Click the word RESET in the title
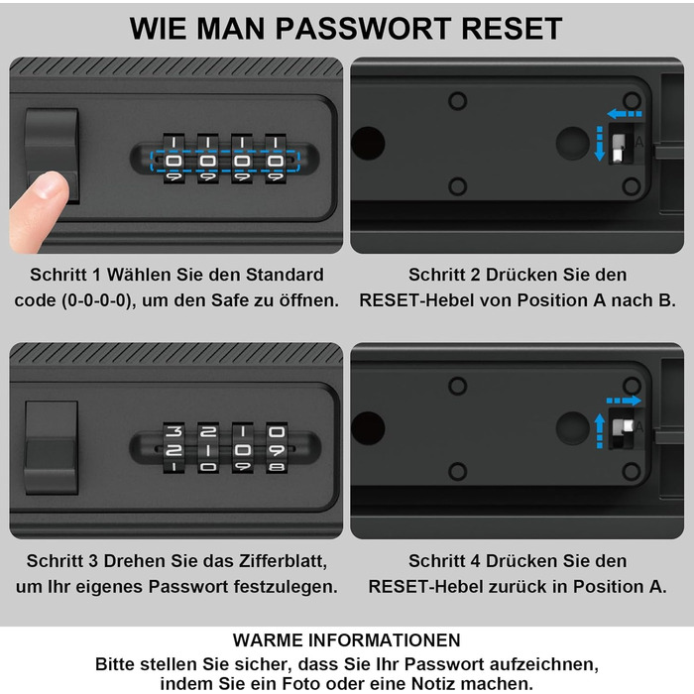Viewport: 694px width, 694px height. [512, 29]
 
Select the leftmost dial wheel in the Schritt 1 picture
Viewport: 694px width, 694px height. [173, 159]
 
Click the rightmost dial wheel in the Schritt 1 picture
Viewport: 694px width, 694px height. [276, 159]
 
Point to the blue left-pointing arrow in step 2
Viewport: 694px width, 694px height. [625, 114]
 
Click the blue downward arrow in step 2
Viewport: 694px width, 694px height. [600, 144]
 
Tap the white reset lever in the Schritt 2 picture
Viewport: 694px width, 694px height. [618, 147]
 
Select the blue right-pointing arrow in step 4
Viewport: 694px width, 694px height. [624, 401]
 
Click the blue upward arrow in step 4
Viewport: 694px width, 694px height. [599, 430]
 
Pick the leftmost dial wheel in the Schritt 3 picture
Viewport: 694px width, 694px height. [173, 447]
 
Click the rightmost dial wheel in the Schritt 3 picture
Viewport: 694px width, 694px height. [277, 447]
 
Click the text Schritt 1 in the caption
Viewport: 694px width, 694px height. [65, 275]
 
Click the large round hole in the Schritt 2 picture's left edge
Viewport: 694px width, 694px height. [368, 144]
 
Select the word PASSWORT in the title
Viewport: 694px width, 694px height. [364, 29]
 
